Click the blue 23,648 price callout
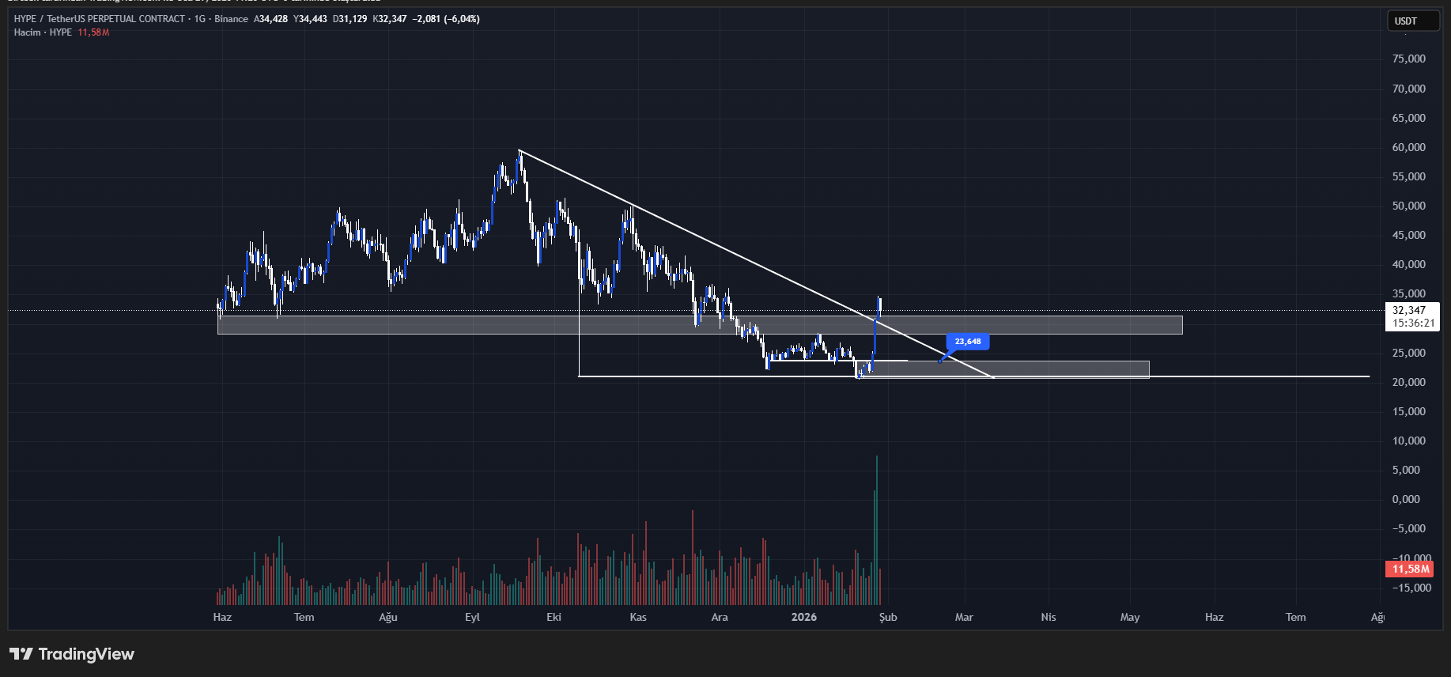[968, 342]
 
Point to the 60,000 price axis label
[1408, 147]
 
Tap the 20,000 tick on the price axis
[1408, 382]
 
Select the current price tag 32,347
[1409, 311]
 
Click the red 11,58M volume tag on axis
[1411, 569]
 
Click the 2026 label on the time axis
[803, 617]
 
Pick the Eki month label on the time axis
[554, 617]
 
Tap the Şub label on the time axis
[888, 617]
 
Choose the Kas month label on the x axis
[638, 617]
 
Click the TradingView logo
[72, 654]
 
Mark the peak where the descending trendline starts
[520, 150]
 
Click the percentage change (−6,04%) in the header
[462, 19]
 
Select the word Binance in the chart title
[231, 19]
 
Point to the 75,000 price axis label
[1408, 59]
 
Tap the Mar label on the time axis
[964, 617]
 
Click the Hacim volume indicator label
[27, 32]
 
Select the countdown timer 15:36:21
[1413, 323]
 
